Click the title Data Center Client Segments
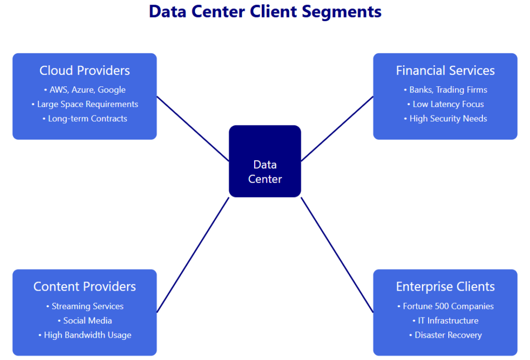(x=265, y=11)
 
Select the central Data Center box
(x=265, y=161)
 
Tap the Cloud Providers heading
(x=84, y=70)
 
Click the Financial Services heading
(x=445, y=70)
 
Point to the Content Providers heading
(x=84, y=287)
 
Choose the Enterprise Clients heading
(x=445, y=287)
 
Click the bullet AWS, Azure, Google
(x=85, y=89)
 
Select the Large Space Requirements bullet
(x=85, y=104)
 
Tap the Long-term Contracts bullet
(x=85, y=118)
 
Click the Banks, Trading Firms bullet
(x=445, y=89)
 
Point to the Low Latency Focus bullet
(x=445, y=104)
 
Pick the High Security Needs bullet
(x=445, y=118)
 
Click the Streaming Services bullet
(x=85, y=306)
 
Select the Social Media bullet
(x=85, y=321)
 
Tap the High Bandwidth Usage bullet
(x=85, y=335)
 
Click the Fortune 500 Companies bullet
(x=445, y=306)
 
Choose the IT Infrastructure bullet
(x=445, y=321)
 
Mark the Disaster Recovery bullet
(x=445, y=335)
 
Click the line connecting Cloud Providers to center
(x=193, y=128)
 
